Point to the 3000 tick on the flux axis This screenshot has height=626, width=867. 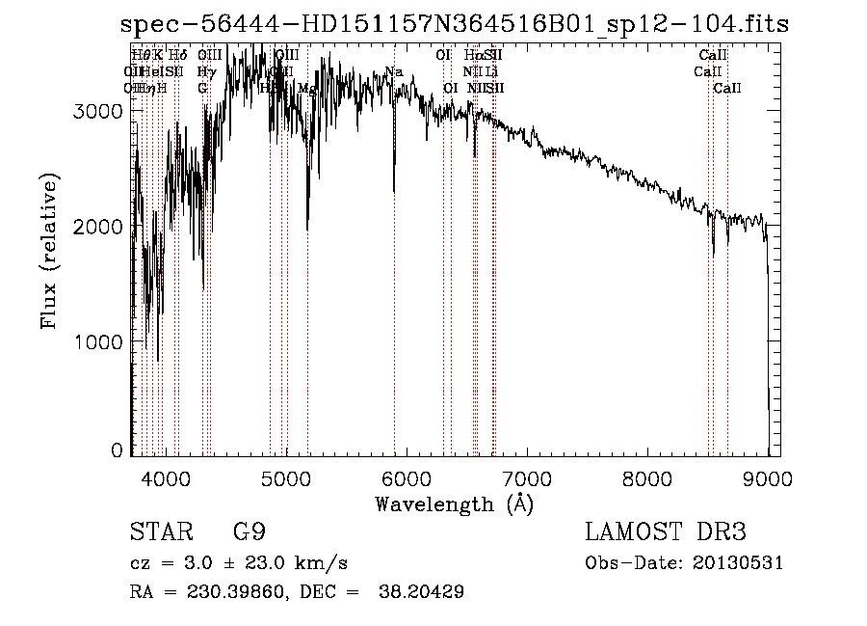(98, 111)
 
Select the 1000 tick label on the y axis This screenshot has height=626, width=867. (98, 342)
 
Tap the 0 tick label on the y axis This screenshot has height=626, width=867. (118, 450)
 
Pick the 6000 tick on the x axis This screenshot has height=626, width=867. (406, 477)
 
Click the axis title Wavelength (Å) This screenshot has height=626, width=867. (454, 504)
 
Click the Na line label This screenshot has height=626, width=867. (393, 71)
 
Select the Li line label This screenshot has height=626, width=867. (491, 71)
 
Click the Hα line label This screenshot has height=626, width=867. (473, 55)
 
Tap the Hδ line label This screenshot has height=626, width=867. (177, 55)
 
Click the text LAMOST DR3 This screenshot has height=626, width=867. (666, 532)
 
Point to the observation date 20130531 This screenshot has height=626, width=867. (734, 563)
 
